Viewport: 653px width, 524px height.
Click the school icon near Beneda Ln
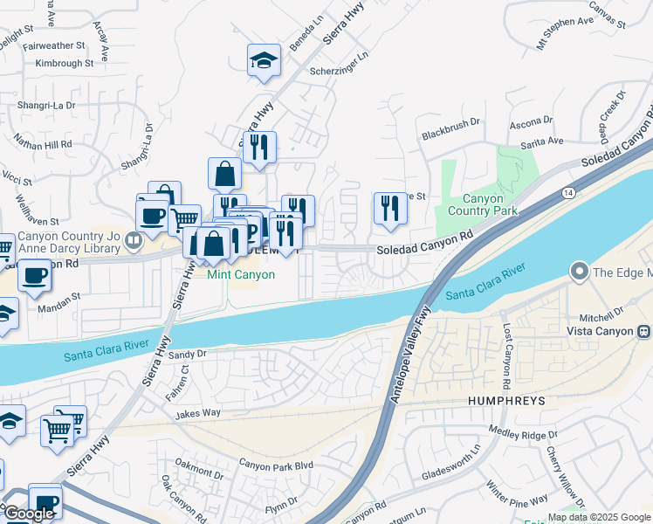pos(264,61)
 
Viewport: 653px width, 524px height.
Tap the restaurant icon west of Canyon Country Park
pos(388,209)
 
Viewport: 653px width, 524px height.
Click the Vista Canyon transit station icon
pos(644,331)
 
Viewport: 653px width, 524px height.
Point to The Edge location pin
pos(578,272)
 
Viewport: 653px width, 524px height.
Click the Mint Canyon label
pos(241,274)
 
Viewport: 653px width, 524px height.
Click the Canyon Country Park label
pos(483,204)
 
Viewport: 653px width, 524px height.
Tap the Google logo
pos(29,514)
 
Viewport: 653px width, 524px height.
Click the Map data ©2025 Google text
pos(599,517)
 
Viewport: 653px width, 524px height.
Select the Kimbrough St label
pos(59,63)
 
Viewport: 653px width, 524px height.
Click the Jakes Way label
pos(198,413)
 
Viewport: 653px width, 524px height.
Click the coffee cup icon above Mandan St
pos(34,276)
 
